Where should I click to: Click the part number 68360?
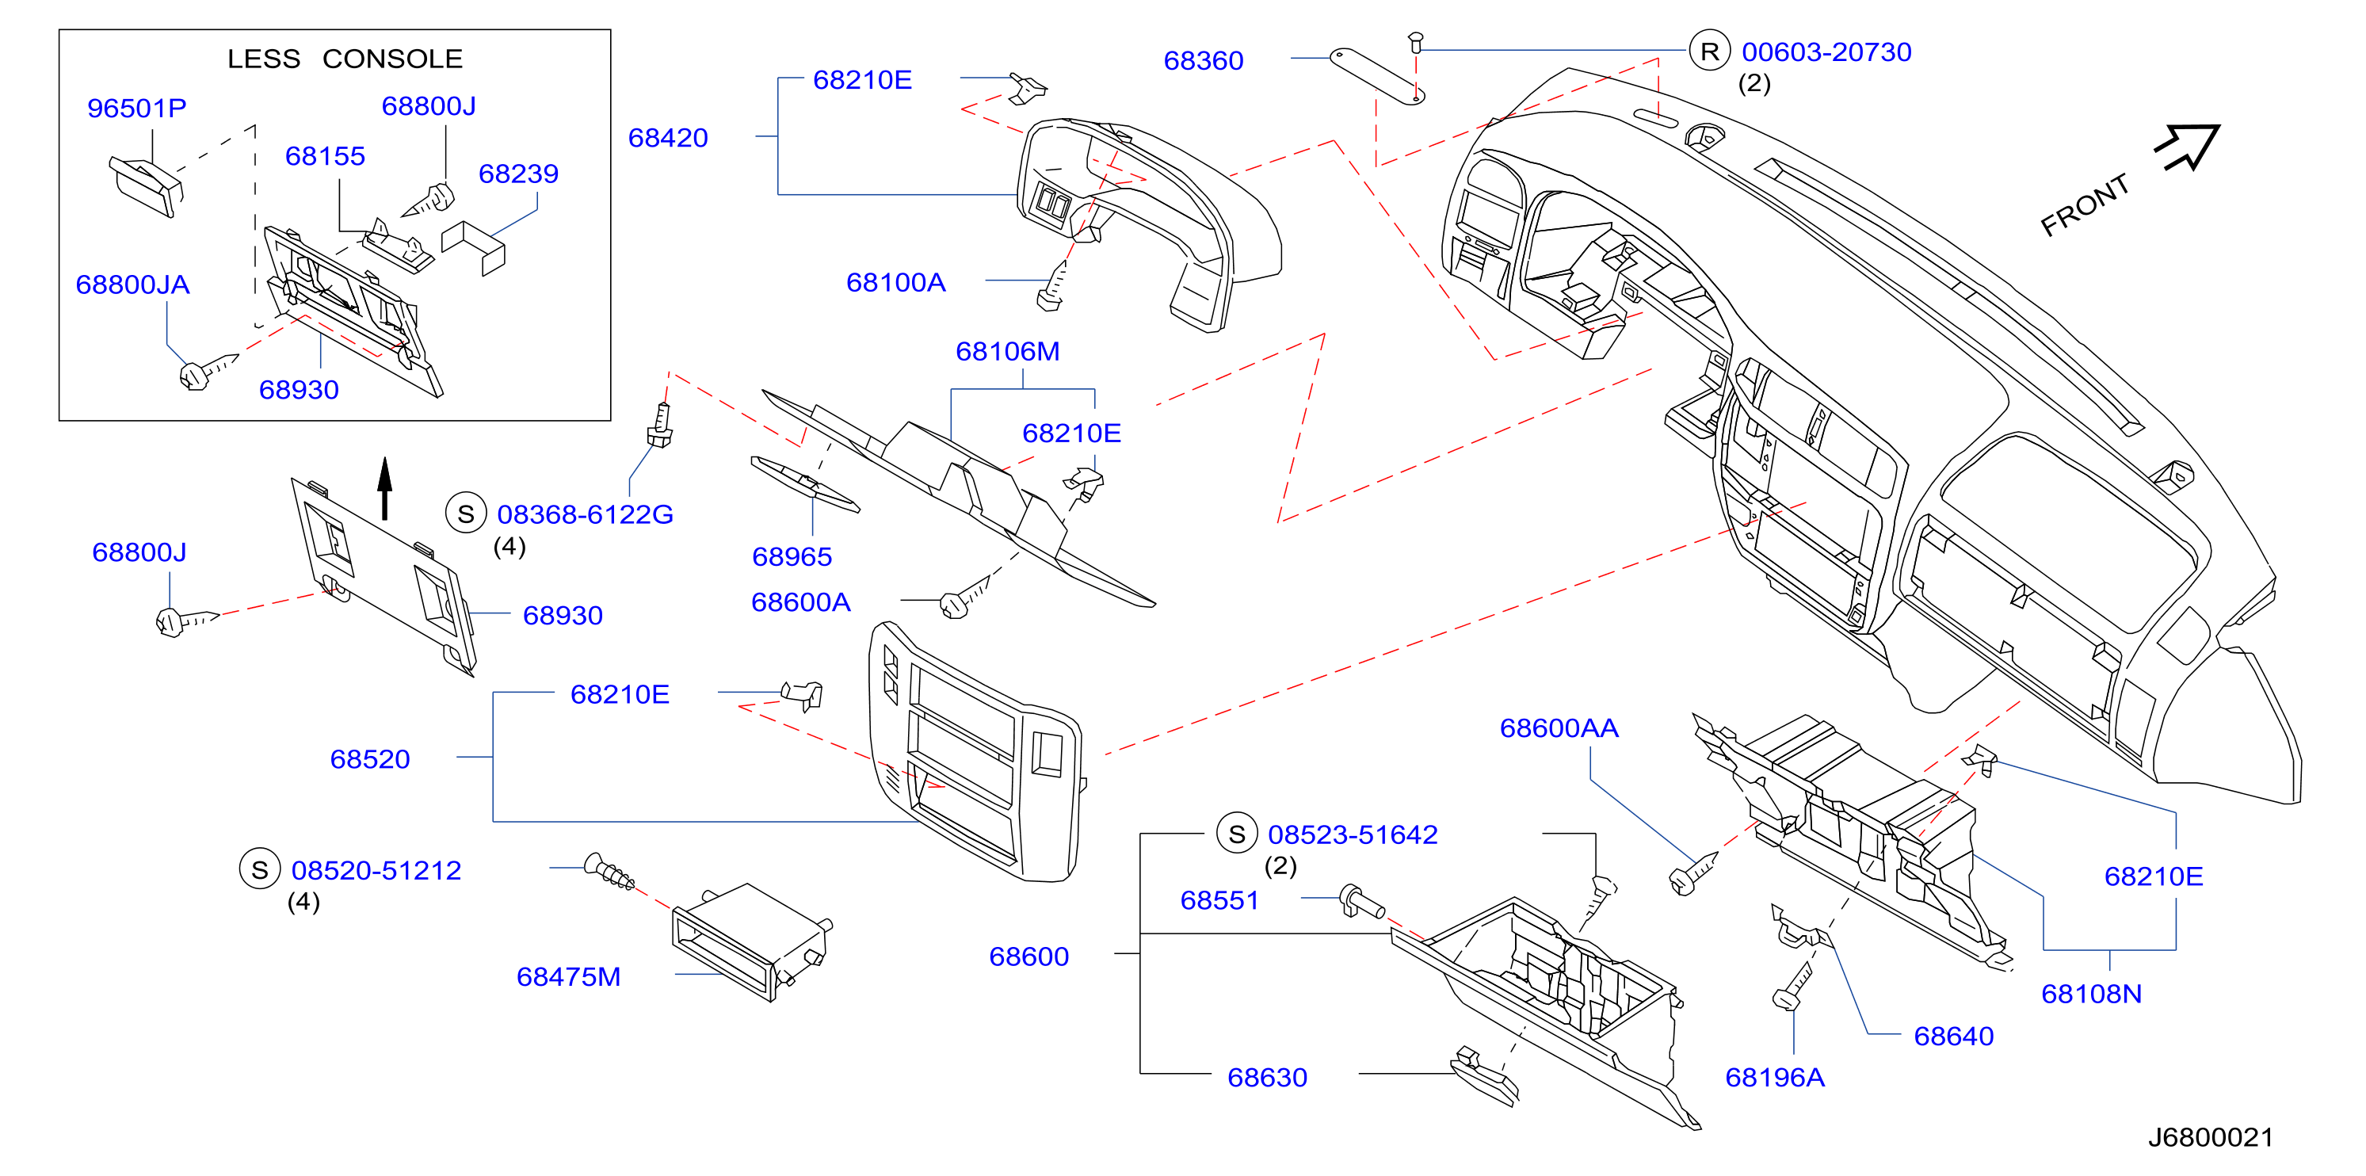click(x=1204, y=61)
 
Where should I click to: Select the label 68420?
click(x=668, y=138)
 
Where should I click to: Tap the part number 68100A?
click(x=895, y=282)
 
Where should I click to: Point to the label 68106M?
click(x=1008, y=351)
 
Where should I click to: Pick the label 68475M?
click(x=569, y=976)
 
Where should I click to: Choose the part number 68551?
click(x=1219, y=899)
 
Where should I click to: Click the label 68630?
click(x=1268, y=1077)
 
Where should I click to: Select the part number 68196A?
click(x=1775, y=1077)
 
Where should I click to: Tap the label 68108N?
click(x=2091, y=993)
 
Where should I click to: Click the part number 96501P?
click(x=137, y=108)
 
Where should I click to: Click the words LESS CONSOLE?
click(x=345, y=58)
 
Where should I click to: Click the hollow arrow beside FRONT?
click(x=2188, y=147)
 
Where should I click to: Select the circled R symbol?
click(x=1709, y=52)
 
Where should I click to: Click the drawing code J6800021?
click(x=2210, y=1137)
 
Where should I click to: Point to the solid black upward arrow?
click(x=385, y=489)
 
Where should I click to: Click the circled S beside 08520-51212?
click(x=260, y=869)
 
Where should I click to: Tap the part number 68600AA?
click(x=1559, y=727)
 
